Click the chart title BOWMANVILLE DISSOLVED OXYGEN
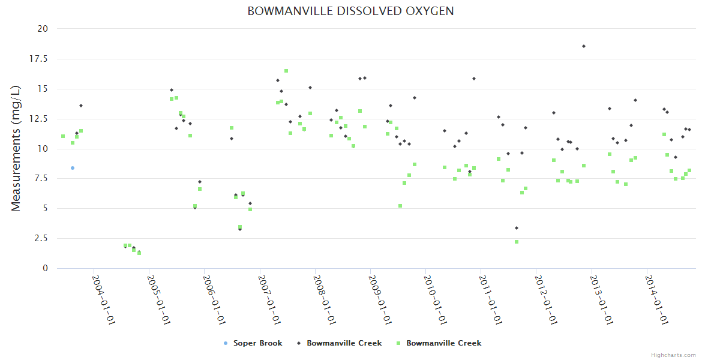350,11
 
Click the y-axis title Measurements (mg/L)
16,148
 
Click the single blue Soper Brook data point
73,168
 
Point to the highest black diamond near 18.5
583,46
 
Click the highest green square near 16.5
286,71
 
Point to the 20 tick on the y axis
43,29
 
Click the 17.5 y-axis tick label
39,59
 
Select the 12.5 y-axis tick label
39,119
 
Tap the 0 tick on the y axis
45,269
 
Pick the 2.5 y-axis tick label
41,239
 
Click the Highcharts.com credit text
673,355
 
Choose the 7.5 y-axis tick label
41,179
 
